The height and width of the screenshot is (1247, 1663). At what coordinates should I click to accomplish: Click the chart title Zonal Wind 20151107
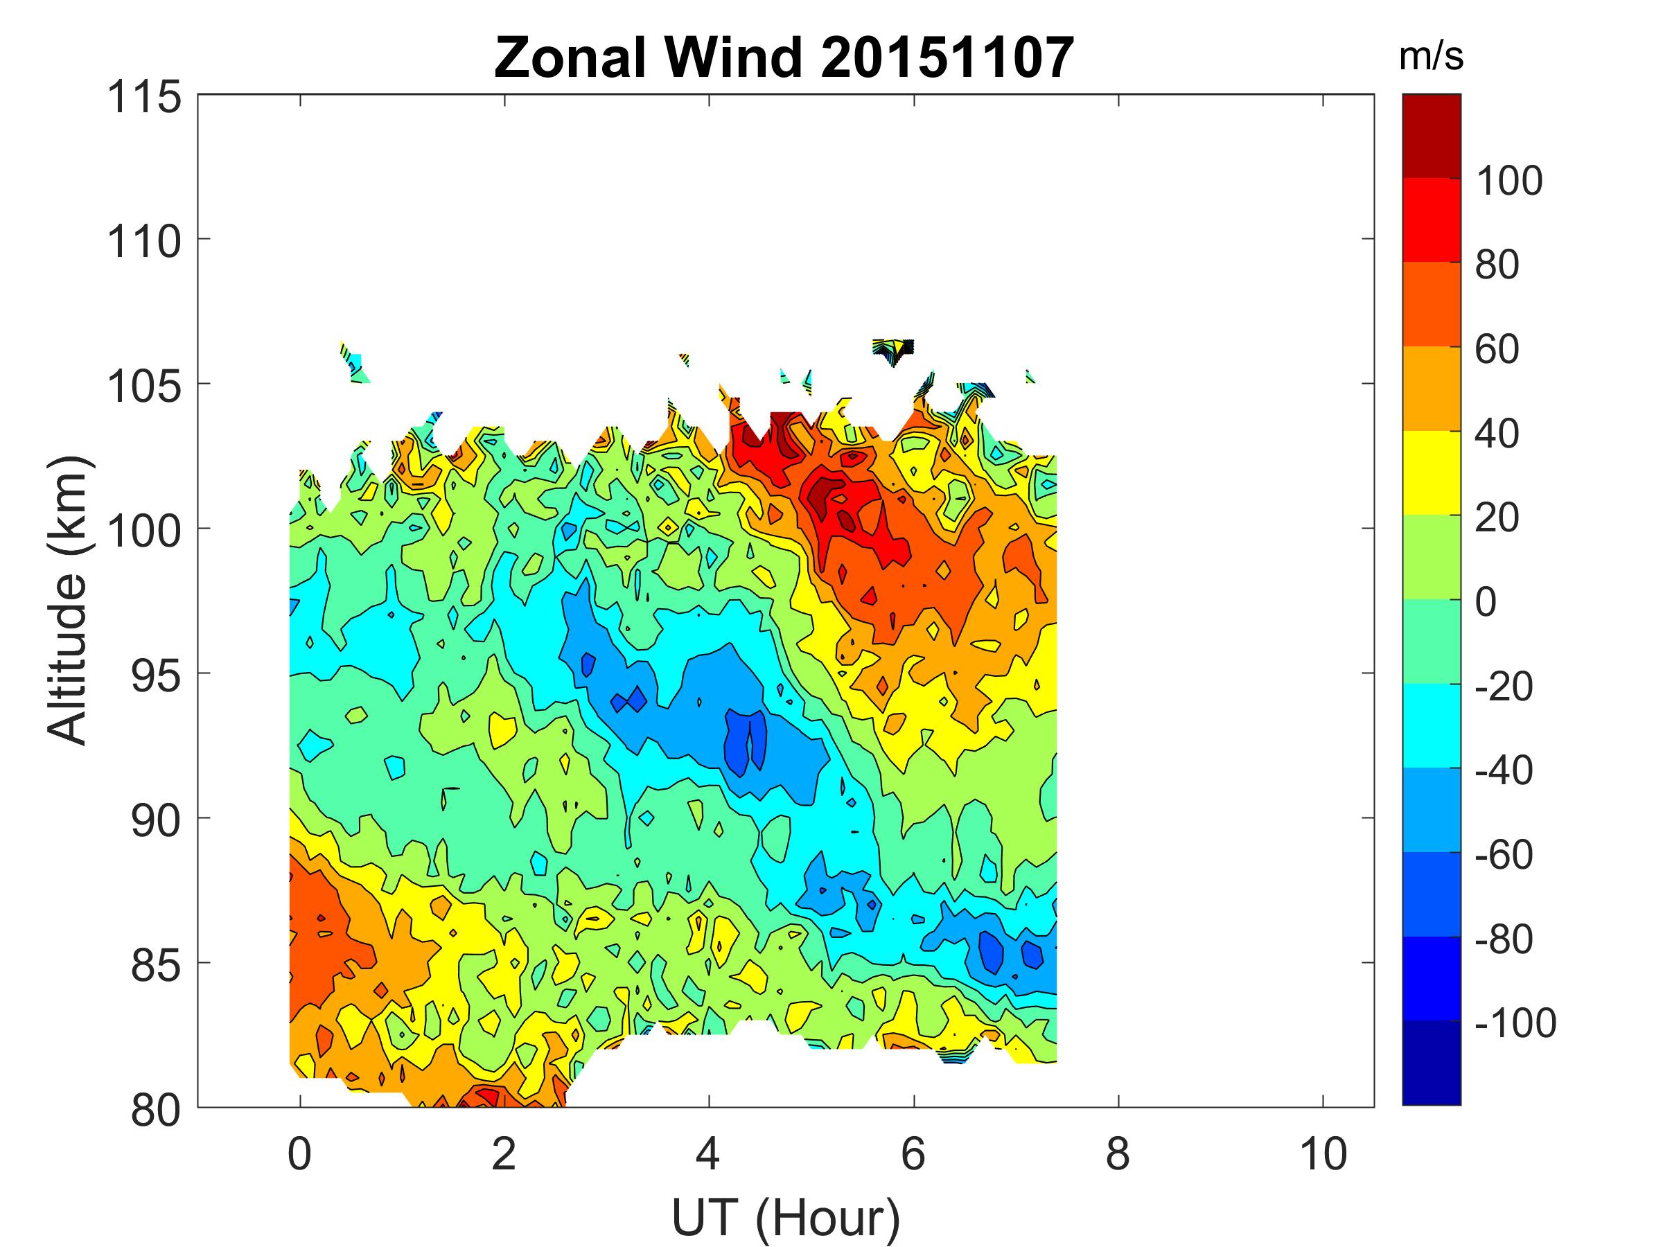pyautogui.click(x=784, y=58)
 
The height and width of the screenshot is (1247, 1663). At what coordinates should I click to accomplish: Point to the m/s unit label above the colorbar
pyautogui.click(x=1431, y=58)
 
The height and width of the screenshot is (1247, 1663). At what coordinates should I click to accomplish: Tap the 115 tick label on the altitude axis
pyautogui.click(x=145, y=98)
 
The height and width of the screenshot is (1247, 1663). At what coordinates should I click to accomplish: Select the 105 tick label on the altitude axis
pyautogui.click(x=145, y=387)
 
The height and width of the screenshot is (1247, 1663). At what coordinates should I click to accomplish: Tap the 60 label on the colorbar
pyautogui.click(x=1497, y=350)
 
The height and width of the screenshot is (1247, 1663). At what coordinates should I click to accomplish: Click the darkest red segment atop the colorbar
pyautogui.click(x=1432, y=136)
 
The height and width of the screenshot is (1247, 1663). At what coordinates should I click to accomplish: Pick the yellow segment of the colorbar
pyautogui.click(x=1432, y=472)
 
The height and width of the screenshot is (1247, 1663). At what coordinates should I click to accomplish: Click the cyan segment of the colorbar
pyautogui.click(x=1432, y=725)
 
